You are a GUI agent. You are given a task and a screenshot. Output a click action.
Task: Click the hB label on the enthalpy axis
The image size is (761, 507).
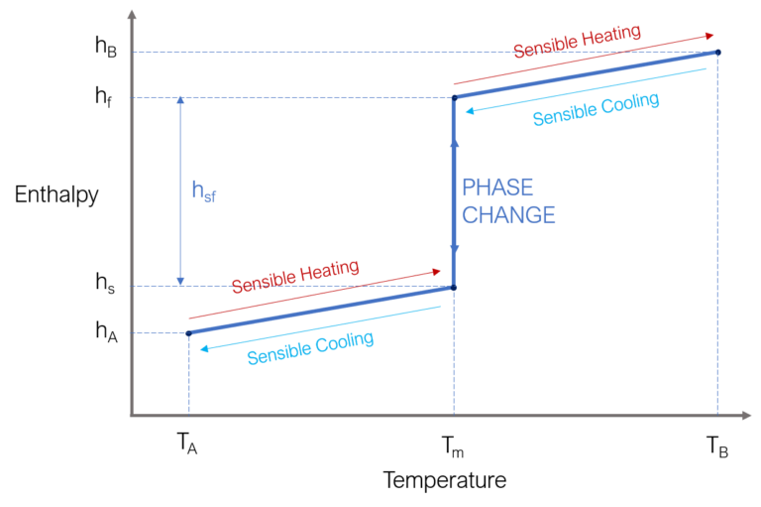tap(106, 47)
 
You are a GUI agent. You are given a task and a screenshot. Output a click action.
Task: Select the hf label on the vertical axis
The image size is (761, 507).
tap(103, 96)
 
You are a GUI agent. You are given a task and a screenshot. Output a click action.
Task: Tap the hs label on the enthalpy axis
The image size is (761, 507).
tap(105, 283)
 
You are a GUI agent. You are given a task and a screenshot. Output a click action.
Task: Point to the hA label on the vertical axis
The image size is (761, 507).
tap(106, 331)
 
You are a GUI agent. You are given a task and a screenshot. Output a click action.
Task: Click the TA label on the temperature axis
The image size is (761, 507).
tap(187, 444)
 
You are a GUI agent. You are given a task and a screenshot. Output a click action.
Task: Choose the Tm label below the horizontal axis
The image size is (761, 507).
tap(452, 446)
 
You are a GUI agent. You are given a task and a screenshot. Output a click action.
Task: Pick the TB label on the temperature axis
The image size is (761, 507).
tap(716, 446)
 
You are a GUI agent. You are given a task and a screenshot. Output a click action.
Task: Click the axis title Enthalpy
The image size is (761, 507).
tap(56, 195)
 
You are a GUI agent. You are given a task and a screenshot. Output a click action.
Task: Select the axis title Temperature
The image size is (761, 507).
tap(445, 480)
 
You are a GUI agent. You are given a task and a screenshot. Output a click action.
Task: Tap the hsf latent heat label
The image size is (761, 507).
tap(204, 191)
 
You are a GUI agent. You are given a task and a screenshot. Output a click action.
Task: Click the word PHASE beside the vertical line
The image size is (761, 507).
tap(497, 188)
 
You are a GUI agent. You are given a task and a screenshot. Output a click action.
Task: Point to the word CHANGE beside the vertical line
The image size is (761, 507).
tap(508, 215)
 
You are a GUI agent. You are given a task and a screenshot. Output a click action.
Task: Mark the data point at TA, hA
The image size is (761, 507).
tap(189, 333)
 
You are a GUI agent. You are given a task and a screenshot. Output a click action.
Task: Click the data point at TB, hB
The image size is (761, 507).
tap(717, 52)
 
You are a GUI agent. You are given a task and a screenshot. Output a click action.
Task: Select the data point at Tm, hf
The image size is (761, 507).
tap(454, 97)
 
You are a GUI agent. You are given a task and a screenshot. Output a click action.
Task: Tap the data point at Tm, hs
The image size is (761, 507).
tap(454, 288)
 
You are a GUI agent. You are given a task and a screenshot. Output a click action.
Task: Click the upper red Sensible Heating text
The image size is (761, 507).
tap(577, 41)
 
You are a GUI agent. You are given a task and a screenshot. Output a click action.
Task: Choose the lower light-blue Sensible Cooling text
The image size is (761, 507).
tap(310, 347)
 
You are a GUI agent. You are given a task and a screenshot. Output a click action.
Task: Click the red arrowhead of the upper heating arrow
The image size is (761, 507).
tap(709, 36)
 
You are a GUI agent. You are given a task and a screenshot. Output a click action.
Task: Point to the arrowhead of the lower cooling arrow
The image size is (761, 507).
tap(204, 348)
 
